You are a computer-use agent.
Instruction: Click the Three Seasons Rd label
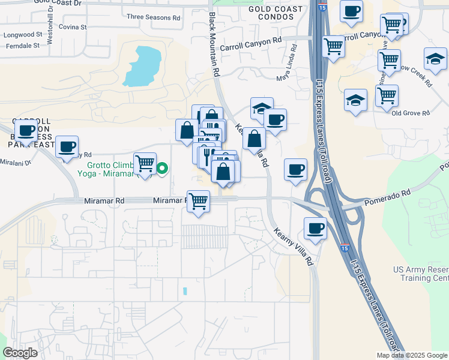[x=154, y=18]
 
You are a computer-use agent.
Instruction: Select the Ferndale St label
[x=21, y=45]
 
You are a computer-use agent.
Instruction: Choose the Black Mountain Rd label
[x=214, y=45]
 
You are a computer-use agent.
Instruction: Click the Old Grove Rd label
[x=411, y=113]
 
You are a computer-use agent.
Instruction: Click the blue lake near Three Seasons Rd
[x=142, y=66]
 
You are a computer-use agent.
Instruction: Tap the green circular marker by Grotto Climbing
[x=162, y=169]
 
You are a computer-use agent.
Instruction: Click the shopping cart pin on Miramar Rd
[x=198, y=202]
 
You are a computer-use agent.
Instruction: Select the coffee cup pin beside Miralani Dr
[x=67, y=146]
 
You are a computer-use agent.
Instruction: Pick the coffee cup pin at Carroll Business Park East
[x=26, y=130]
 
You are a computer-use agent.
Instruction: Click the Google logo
[x=21, y=353]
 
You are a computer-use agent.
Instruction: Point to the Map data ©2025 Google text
[x=412, y=355]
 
